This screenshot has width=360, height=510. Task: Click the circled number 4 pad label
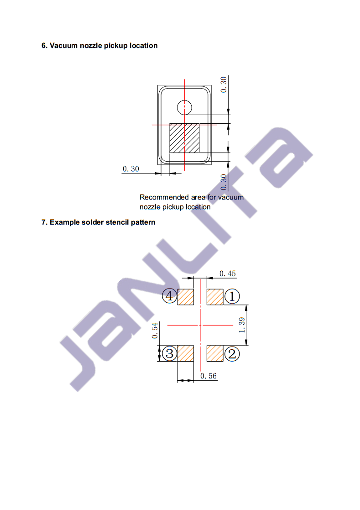point(170,296)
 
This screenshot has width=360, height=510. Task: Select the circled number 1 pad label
point(232,296)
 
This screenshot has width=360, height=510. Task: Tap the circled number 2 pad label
point(232,354)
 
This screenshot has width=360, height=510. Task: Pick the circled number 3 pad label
point(170,353)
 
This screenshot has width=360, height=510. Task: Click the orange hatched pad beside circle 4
point(186,297)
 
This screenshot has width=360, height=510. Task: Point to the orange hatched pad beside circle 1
point(215,297)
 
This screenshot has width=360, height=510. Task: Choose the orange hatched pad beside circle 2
point(215,353)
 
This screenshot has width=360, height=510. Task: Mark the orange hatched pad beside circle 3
point(186,353)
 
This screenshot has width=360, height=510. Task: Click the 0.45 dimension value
point(227,273)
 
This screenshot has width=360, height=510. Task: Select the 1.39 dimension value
point(242,325)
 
